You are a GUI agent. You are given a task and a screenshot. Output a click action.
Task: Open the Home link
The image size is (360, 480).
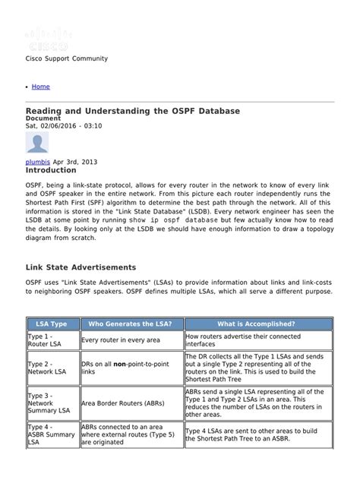(x=41, y=87)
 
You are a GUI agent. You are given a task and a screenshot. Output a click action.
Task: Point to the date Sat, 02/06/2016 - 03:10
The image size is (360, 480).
(x=64, y=125)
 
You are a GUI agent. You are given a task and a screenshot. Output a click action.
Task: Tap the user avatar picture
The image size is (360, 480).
(x=38, y=144)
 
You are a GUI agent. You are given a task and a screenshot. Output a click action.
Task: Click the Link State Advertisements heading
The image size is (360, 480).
(x=81, y=267)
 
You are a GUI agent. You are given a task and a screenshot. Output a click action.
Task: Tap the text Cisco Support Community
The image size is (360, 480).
(x=67, y=58)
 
